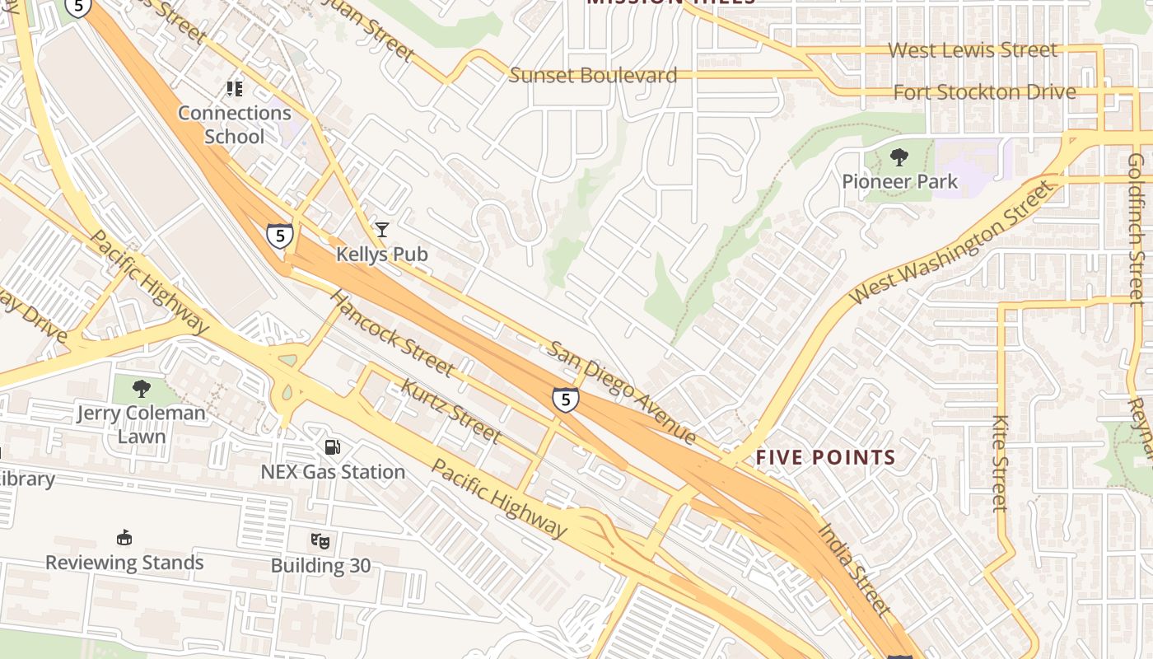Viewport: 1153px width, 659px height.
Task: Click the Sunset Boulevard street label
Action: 593,76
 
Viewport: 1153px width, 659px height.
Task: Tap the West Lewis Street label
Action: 972,50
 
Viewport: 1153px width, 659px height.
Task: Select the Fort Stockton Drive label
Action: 984,92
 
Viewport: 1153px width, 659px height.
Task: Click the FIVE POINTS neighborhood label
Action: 825,457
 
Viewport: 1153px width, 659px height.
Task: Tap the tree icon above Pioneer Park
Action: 899,157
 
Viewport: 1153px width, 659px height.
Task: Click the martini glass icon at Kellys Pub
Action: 381,229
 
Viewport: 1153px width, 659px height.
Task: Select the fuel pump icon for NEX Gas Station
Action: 333,447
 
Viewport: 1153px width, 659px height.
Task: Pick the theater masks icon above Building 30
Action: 320,541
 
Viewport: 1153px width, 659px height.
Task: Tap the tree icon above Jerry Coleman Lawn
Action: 142,388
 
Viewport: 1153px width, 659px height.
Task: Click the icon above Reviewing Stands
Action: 124,538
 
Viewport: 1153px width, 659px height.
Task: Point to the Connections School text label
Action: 235,124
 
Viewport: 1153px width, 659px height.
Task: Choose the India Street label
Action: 854,568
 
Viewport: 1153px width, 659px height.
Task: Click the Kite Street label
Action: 1001,462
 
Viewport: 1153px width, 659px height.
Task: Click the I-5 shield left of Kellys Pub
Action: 280,236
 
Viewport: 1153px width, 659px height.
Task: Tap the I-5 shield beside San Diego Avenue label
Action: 565,400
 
